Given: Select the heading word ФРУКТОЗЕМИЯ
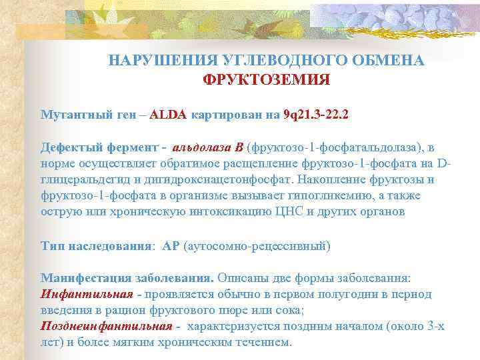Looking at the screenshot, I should (266, 80).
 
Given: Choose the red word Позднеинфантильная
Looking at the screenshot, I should (106, 326).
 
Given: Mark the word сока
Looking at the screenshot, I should (289, 310).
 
